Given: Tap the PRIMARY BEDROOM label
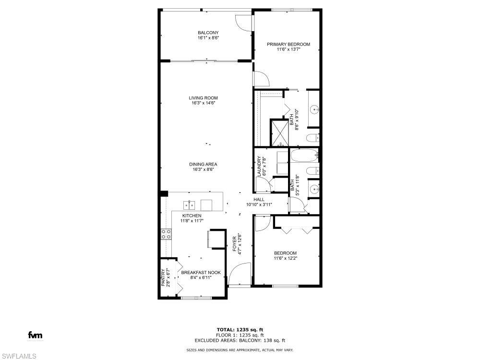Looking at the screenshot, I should tap(288, 45).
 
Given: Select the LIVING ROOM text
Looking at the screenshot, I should tap(203, 98).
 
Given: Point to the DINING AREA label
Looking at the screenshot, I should tap(203, 165).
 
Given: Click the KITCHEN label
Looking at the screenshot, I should tap(192, 216).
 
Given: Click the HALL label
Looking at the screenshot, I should tap(259, 200).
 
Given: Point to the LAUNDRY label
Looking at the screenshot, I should tap(259, 166).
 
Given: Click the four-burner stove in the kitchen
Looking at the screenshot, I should tap(166, 234).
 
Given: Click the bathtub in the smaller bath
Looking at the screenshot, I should tap(304, 156).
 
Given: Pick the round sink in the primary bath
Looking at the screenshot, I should tap(314, 110).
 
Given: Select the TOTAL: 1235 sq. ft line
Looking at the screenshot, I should tap(240, 329).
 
